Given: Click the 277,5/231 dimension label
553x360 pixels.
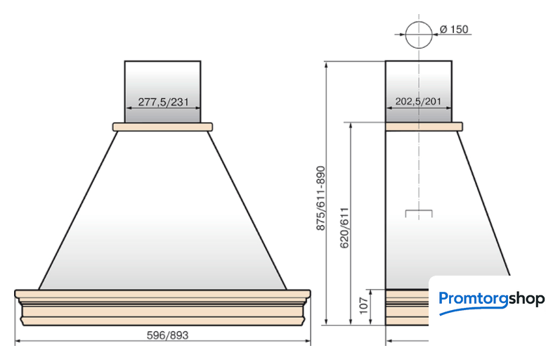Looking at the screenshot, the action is coord(163,102).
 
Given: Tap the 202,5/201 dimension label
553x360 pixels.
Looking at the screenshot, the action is coord(418,101).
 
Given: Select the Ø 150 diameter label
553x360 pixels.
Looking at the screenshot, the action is coord(454,30).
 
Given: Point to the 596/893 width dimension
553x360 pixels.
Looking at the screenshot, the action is coord(167,335).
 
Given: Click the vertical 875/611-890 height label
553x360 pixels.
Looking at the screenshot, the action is coord(320,198).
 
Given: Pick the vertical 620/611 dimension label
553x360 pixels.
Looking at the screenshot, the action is coord(344,228).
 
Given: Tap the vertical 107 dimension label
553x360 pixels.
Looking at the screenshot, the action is coord(363,306).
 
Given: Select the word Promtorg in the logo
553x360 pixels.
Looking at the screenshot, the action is coord(474,300).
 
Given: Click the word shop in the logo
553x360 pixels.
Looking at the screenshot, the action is coord(527,300).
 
